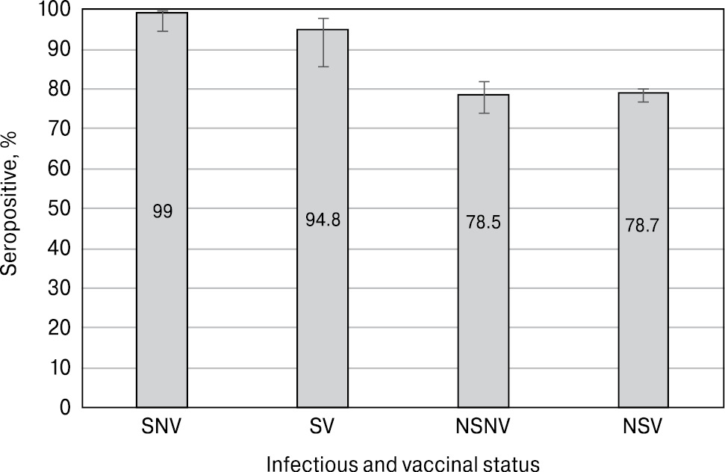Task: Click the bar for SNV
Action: tap(162, 299)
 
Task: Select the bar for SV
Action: tap(323, 314)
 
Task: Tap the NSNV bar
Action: tap(483, 321)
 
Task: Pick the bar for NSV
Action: tap(643, 321)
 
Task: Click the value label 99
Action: tap(163, 212)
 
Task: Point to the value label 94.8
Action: tap(323, 220)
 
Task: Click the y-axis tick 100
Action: tap(55, 10)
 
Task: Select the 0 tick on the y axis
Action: tap(65, 408)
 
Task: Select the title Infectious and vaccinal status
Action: tap(403, 464)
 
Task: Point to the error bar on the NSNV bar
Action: tap(483, 97)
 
